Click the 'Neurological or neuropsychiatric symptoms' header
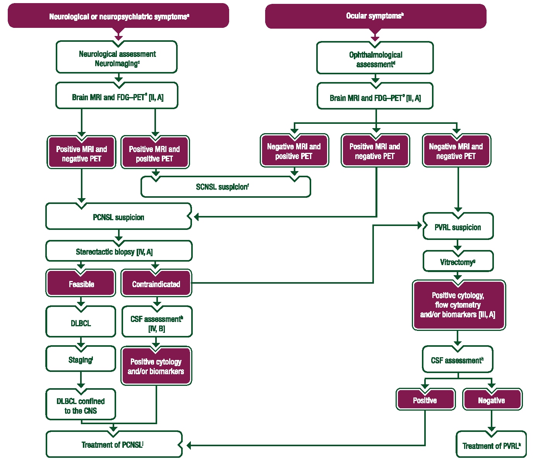(118, 16)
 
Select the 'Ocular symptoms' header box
(375, 16)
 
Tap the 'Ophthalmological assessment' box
(375, 59)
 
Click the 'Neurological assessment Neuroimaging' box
(117, 58)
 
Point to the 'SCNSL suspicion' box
(226, 187)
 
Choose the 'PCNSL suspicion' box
(118, 217)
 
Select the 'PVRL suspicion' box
(458, 227)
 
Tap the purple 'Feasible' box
(81, 284)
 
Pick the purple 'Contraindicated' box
(156, 284)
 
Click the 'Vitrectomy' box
(458, 262)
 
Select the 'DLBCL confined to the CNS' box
(81, 406)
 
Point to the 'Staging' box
(81, 360)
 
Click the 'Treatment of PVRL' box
(491, 446)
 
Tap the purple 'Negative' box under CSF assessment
(492, 400)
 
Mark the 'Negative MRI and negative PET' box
(456, 151)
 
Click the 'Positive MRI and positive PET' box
(155, 154)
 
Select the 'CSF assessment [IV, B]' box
(157, 323)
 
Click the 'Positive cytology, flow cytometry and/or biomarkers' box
(458, 305)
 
